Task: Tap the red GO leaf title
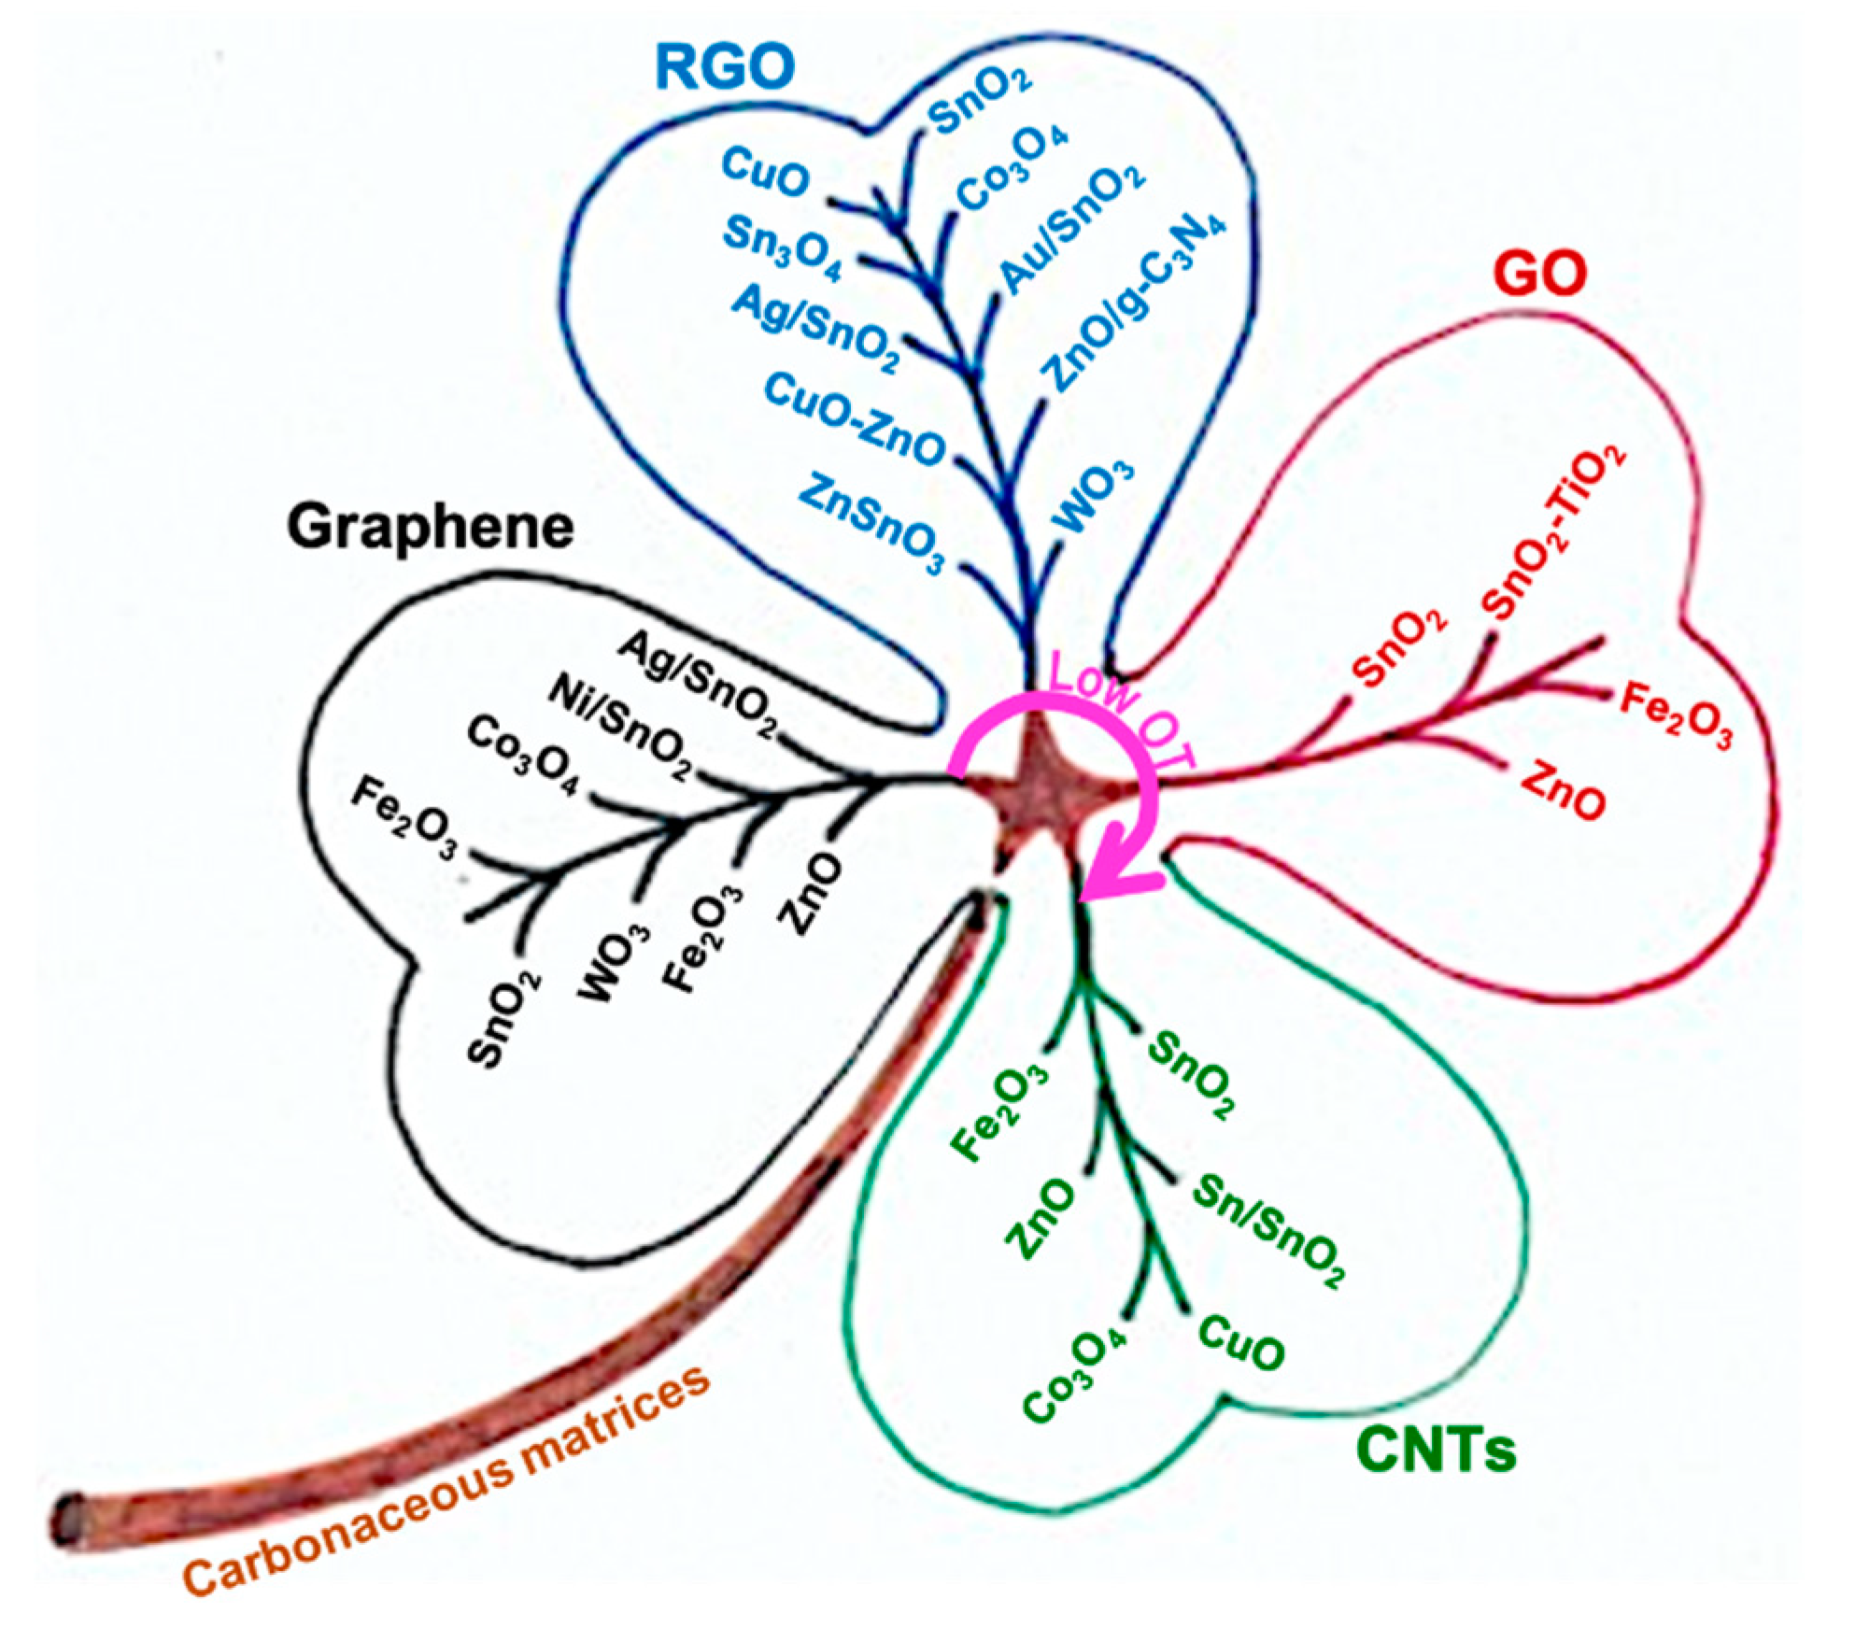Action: tap(1540, 275)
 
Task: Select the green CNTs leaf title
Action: tap(1436, 1449)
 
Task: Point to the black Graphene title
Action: tap(430, 527)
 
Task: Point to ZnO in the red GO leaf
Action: tap(1563, 790)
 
